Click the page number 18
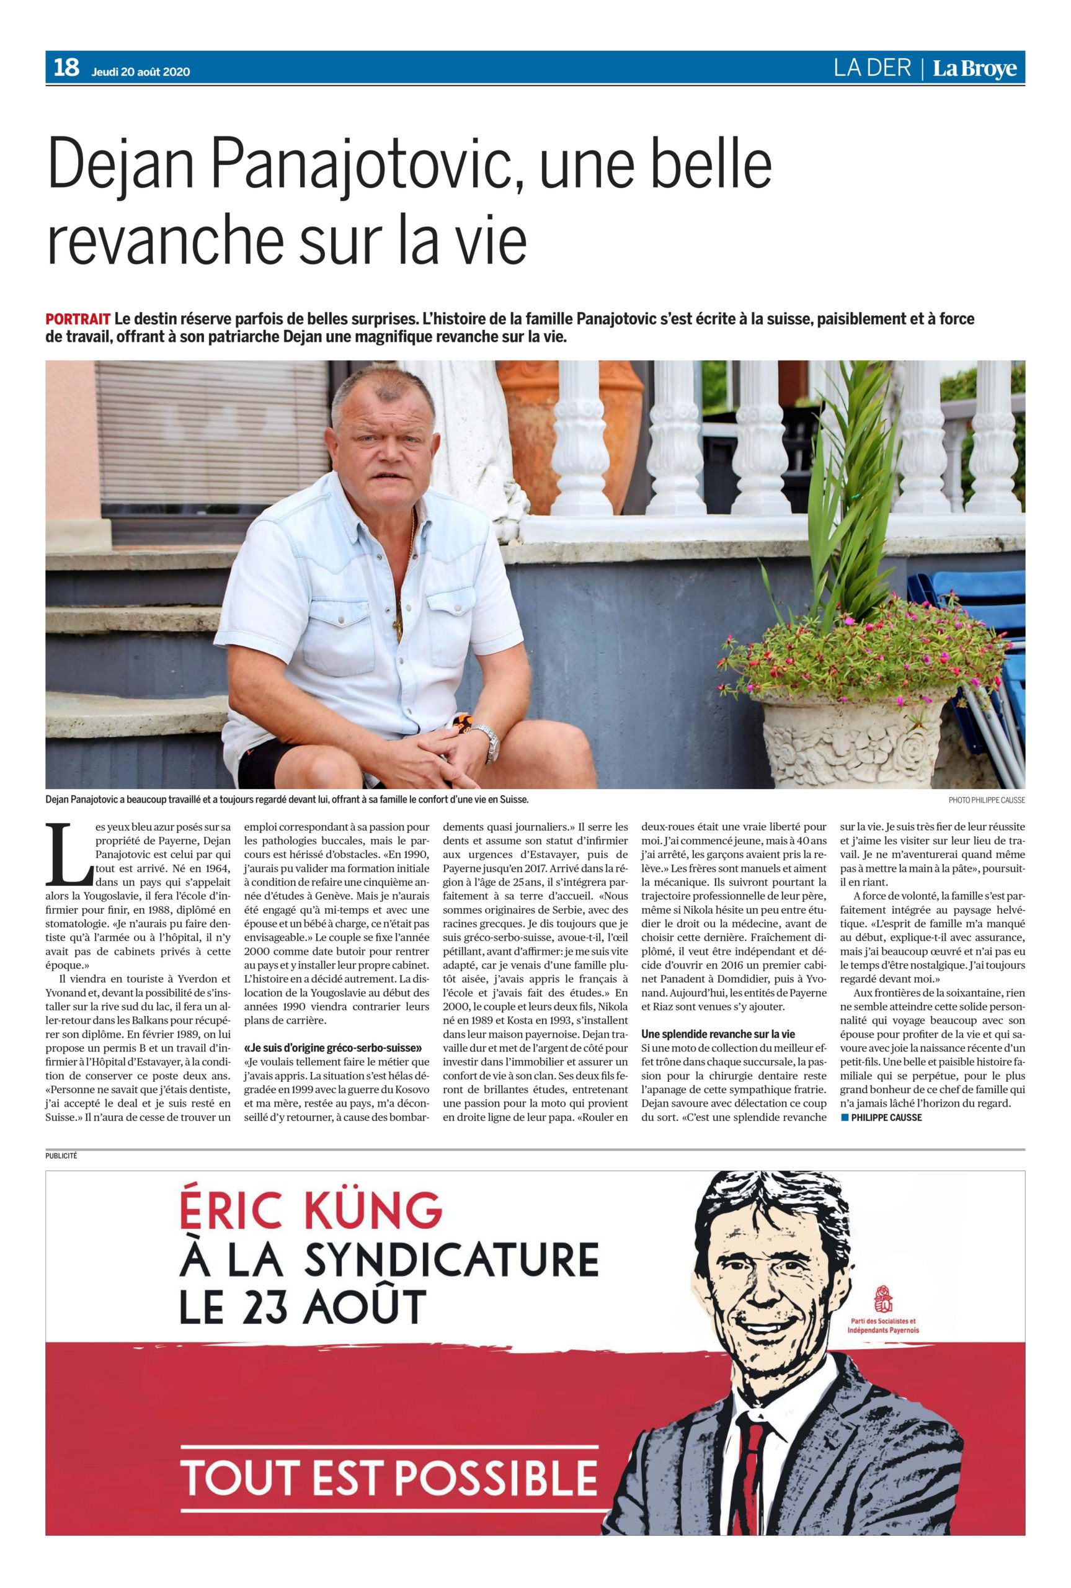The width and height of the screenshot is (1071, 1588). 66,68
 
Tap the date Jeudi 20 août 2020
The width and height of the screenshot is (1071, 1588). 141,72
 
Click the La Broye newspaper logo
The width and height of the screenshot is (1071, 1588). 975,69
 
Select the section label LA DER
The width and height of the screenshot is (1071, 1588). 873,68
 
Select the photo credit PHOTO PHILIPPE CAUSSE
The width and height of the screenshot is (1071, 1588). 986,800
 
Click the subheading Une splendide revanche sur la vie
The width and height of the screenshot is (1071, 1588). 719,1034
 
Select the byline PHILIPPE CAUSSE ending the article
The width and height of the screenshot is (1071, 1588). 887,1117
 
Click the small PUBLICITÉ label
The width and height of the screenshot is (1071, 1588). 61,1156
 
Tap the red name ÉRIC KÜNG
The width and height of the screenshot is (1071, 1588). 310,1212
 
